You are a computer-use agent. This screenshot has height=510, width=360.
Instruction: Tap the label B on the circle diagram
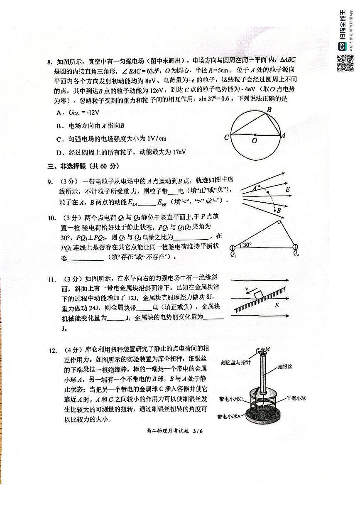click(x=269, y=110)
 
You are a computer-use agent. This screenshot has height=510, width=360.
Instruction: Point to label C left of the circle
click(x=226, y=137)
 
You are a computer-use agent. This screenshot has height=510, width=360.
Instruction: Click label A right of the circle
click(x=283, y=135)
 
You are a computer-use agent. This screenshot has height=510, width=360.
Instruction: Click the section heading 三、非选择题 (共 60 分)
click(x=83, y=167)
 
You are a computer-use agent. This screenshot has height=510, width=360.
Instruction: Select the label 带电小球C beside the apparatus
click(x=234, y=399)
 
